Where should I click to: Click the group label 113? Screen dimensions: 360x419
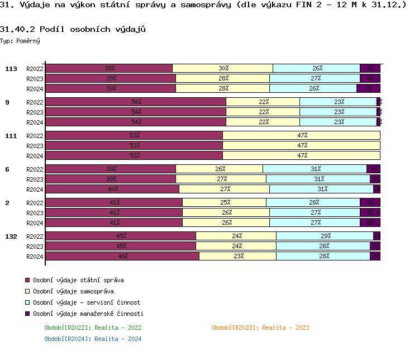coord(11,69)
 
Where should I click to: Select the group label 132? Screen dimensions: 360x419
coord(11,236)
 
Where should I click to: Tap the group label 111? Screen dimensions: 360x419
coord(11,136)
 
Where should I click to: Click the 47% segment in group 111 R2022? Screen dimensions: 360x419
coord(302,135)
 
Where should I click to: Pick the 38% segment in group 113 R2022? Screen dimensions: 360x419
coord(109,68)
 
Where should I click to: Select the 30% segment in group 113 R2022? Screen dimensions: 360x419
coord(223,68)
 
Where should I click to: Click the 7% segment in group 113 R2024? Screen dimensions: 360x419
coord(369,88)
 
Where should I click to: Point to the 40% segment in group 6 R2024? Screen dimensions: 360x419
coord(112,189)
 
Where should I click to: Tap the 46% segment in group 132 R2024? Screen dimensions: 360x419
coord(122,256)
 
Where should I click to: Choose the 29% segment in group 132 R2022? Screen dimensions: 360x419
coord(325,236)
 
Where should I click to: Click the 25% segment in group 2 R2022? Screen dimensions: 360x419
coord(225,202)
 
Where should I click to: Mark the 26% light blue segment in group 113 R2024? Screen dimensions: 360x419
coord(313,88)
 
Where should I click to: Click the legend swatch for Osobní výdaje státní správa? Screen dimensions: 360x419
coord(26,280)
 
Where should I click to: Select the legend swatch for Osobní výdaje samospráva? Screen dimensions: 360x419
coord(26,291)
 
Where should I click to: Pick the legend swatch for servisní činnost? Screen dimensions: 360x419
coord(26,302)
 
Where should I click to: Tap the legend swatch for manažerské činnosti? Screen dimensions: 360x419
coord(26,314)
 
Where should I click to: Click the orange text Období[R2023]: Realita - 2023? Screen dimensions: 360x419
coord(260,328)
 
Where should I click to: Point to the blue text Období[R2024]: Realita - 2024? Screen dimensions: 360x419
coord(93,339)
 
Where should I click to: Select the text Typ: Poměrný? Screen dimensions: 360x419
coord(20,41)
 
